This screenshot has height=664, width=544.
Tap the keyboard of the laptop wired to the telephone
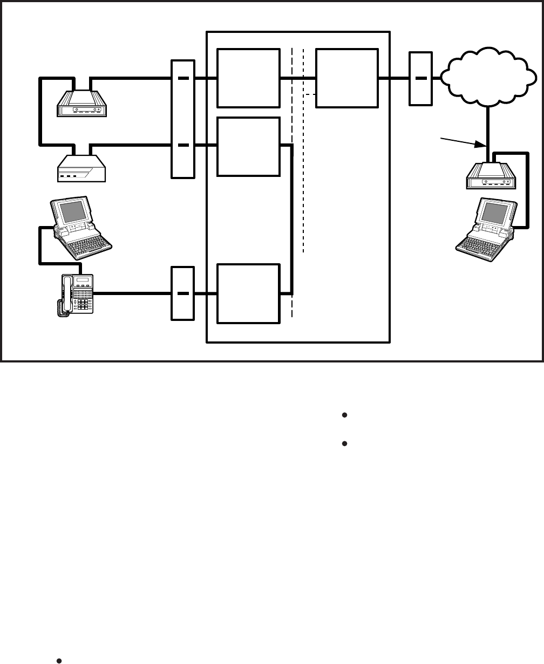tap(89, 245)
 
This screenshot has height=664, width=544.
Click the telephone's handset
tap(66, 295)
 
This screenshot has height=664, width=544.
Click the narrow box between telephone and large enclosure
tap(182, 293)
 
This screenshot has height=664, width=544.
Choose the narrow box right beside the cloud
tap(421, 78)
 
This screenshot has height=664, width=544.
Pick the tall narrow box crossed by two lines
tap(182, 119)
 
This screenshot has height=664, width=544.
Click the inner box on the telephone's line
tap(249, 293)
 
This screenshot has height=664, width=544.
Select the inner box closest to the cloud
tap(347, 78)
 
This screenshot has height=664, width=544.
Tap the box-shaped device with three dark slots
tap(82, 168)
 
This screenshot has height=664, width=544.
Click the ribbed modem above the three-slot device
tap(83, 104)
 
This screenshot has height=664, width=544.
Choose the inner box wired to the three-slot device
tap(249, 146)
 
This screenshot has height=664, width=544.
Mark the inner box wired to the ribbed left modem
tap(249, 78)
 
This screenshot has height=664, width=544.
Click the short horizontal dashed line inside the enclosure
tap(310, 95)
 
